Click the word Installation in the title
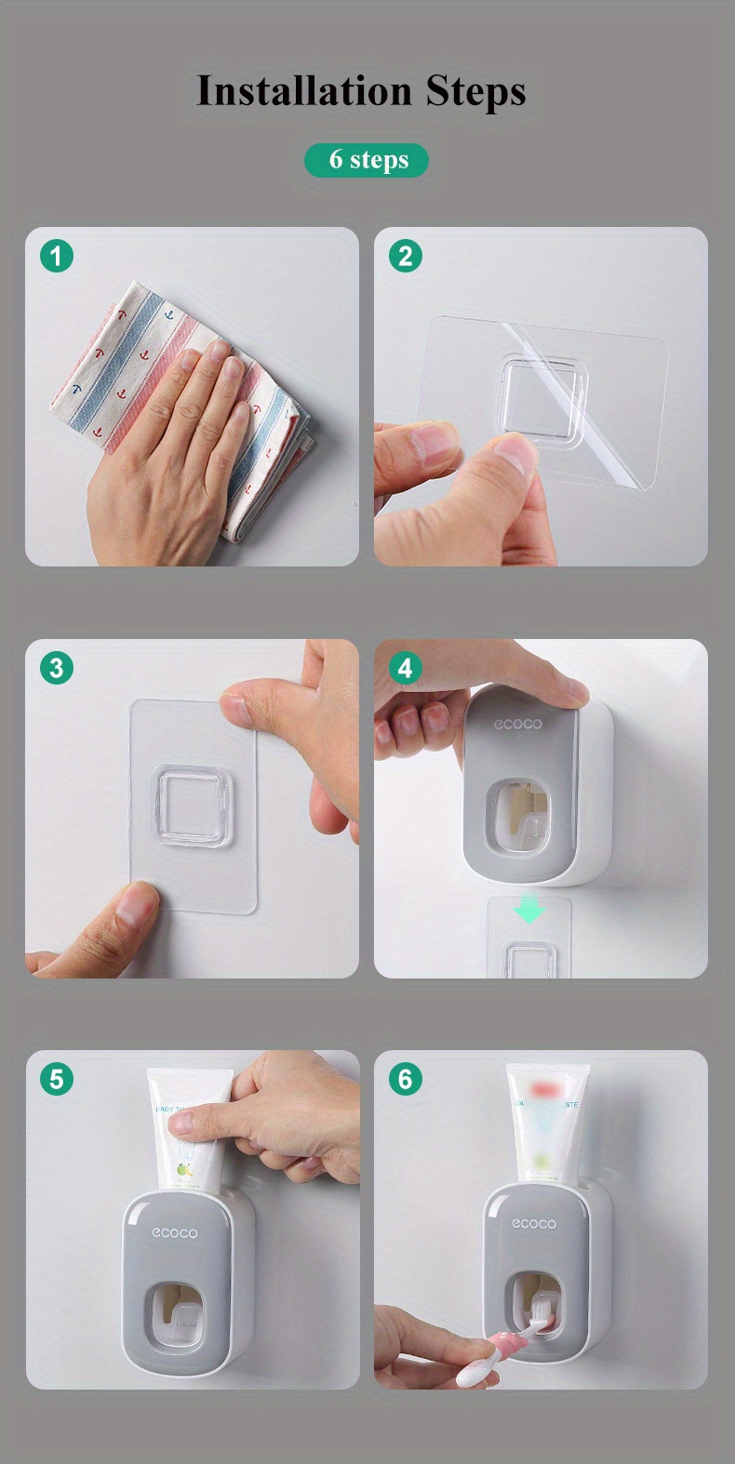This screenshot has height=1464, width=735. coord(304,91)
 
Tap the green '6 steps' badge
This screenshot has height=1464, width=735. coord(367,160)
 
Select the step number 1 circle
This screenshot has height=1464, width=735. coord(56,256)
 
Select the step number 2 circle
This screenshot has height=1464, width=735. coord(405,256)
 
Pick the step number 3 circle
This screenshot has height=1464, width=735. coord(56,668)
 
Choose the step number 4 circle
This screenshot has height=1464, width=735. coord(405,668)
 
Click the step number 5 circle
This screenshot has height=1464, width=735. coord(56,1079)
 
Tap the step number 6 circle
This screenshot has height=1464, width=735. coord(405,1079)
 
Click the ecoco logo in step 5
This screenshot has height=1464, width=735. coord(175,1232)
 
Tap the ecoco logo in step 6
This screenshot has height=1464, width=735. coord(533,1223)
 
